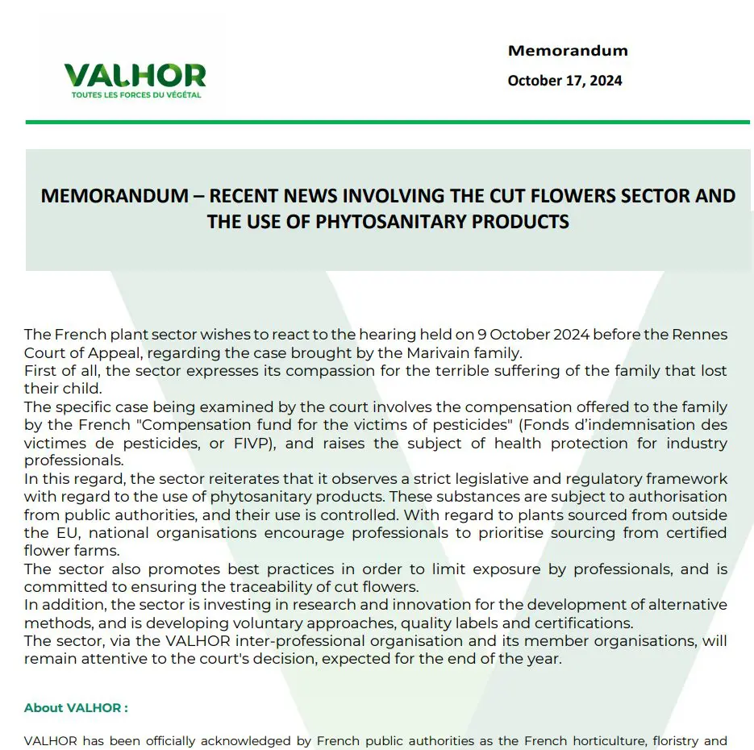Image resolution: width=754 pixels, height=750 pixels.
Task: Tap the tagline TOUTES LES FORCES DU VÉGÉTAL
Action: [135, 95]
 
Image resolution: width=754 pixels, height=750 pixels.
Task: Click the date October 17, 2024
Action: [564, 81]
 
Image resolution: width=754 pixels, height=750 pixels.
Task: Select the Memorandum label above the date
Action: [568, 51]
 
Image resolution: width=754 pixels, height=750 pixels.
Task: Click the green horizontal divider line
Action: [387, 122]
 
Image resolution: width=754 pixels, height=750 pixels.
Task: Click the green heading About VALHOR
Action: [76, 708]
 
